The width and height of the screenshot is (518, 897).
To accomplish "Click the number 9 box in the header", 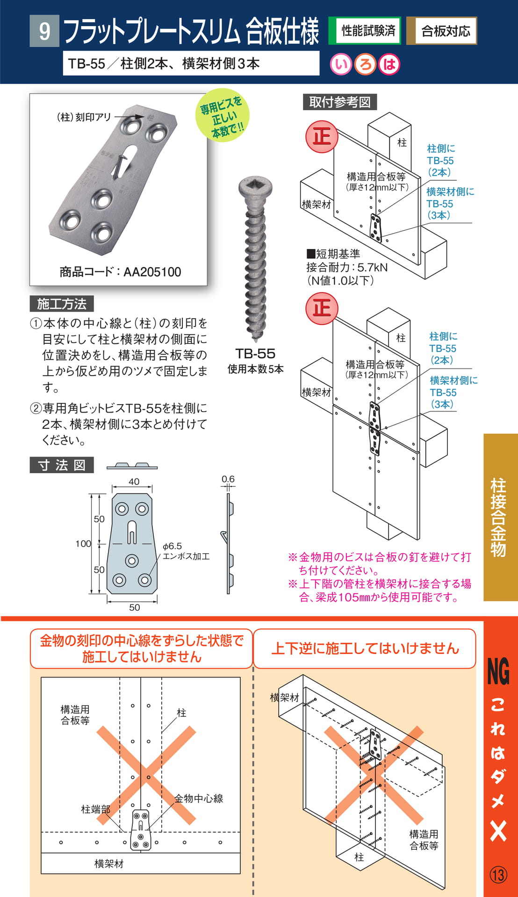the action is coord(44,31).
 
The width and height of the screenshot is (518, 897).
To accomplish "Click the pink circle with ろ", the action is coord(365,64).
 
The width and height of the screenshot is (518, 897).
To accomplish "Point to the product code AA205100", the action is coord(120,272).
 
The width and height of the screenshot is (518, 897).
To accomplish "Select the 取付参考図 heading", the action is coord(340,102).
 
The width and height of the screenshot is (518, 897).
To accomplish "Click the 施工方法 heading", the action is coord(62,304).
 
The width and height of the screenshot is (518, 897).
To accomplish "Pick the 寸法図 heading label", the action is coord(62,465).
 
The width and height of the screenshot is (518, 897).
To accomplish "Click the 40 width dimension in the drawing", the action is coord(134,482).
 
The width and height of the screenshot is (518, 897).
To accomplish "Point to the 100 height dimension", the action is coord(83,543).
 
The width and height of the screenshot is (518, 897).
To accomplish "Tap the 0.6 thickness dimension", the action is coord(228,479).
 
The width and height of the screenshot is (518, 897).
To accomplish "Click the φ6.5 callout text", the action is coord(173,546).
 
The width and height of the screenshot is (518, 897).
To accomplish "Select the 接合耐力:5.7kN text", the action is coord(347,267).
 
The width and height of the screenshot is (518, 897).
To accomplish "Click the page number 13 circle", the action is coord(498,875).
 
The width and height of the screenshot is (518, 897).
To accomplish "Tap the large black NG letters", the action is coord(498,671).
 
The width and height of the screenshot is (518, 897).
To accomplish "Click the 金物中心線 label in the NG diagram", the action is coord(199,798).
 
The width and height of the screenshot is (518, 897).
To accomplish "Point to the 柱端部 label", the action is coord(95,809).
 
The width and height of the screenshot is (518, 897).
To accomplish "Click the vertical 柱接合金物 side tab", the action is coord(498,517).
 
